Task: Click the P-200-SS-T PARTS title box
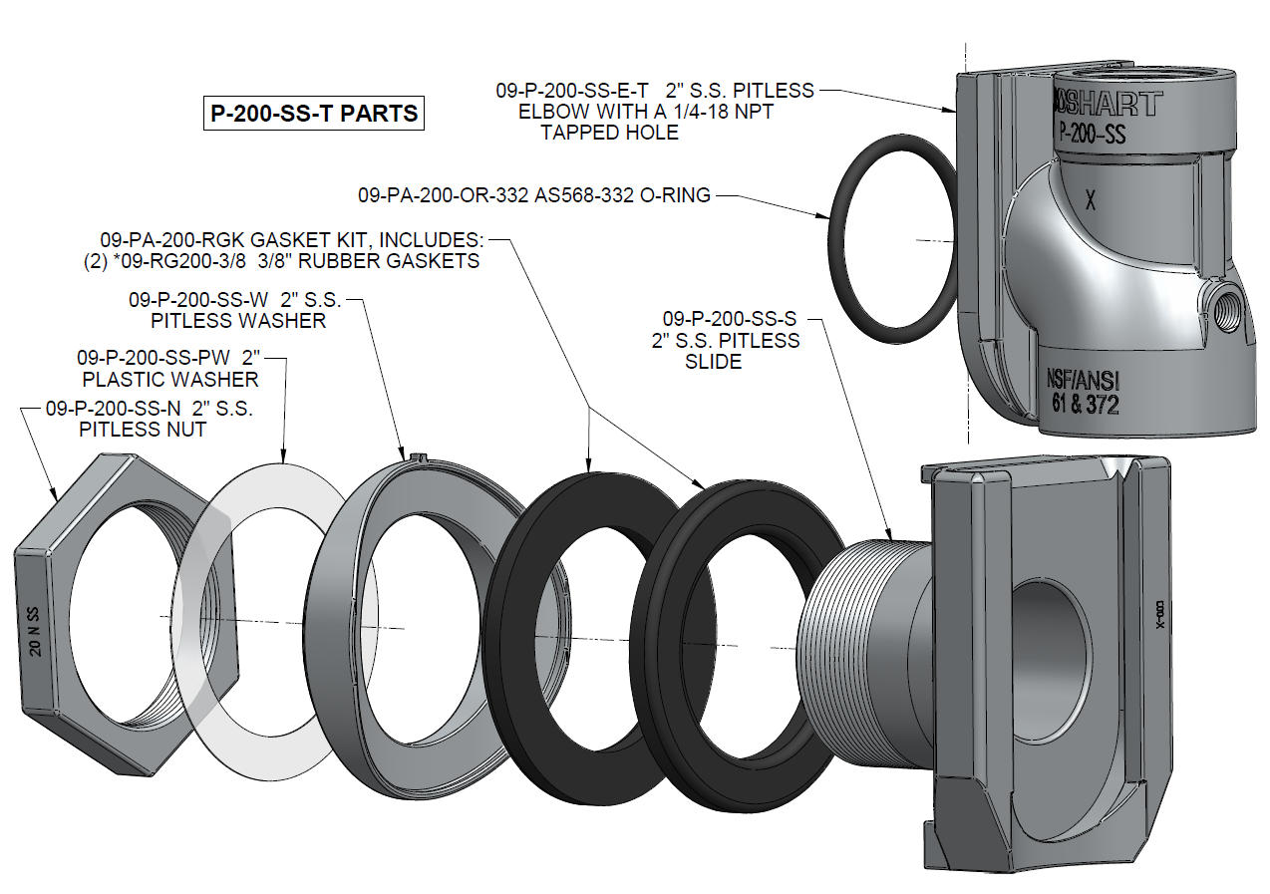pos(313,114)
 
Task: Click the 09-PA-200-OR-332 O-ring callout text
pos(534,195)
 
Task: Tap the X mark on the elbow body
pos(1091,200)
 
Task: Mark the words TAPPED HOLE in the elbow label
pos(609,132)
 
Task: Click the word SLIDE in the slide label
pos(713,362)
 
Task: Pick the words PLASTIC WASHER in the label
pos(170,379)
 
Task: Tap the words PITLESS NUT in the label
pos(143,430)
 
